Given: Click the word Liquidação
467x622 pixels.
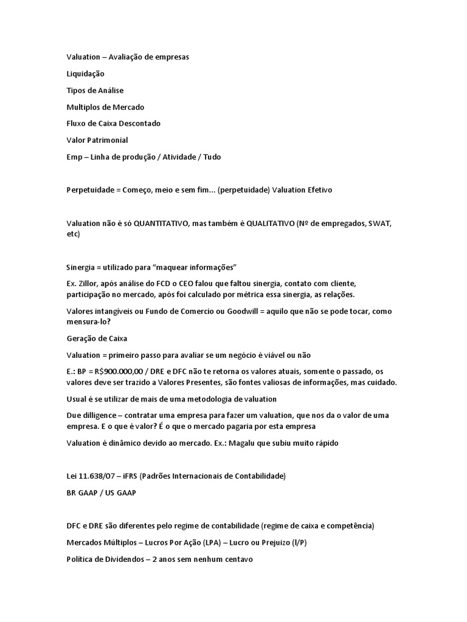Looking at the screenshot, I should coord(85,73).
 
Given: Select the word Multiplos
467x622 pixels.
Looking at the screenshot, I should coord(83,107).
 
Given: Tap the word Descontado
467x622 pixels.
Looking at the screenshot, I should coord(139,123).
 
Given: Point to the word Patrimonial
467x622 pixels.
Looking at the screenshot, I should coord(107,140).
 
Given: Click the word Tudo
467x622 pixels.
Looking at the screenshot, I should coord(212,157).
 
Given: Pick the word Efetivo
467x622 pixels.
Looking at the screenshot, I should coord(317,190).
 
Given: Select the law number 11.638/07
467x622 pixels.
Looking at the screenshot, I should coord(100,476).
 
